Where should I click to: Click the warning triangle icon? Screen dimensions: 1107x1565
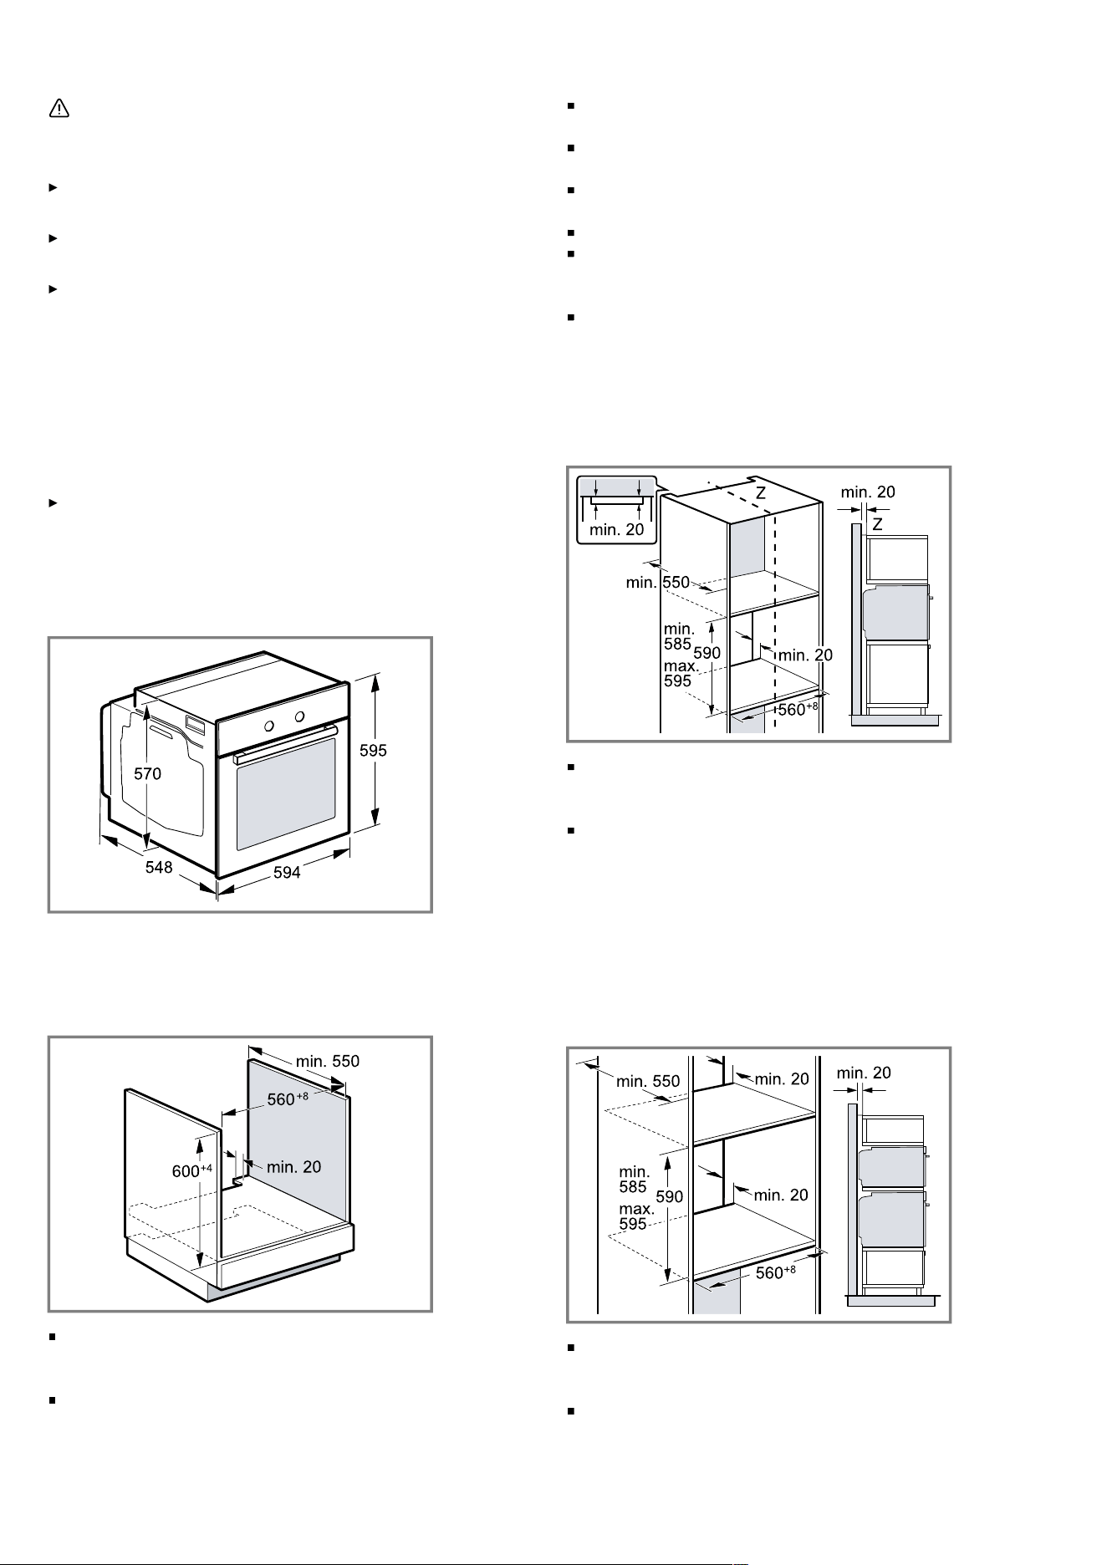coord(59,109)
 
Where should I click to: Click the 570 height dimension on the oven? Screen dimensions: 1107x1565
coord(148,774)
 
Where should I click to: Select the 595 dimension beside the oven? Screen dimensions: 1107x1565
coord(373,751)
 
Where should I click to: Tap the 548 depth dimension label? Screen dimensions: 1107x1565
coord(159,867)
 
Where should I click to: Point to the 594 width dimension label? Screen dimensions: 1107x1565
coord(287,873)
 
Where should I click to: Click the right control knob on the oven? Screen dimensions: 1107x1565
coord(299,716)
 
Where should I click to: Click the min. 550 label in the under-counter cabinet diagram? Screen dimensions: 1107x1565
coord(328,1061)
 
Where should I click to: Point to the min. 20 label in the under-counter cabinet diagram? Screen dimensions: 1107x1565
coord(294,1166)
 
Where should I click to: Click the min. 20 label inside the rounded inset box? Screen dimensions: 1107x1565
coord(617,529)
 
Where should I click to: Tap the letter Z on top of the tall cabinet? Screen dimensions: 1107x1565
coord(761,494)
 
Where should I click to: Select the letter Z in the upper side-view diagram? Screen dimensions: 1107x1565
coord(877,524)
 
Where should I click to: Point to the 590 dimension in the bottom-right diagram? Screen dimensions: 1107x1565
coord(670,1196)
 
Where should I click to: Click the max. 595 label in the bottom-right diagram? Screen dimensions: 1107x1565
coord(637,1216)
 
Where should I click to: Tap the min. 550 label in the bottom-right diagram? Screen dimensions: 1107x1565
coord(648,1082)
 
